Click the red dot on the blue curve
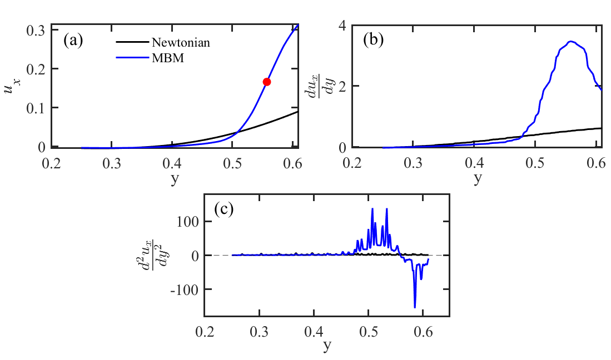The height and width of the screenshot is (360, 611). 266,82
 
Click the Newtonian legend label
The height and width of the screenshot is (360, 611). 181,42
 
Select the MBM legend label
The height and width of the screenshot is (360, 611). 167,58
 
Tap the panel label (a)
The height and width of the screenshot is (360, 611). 73,41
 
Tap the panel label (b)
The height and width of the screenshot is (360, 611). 373,41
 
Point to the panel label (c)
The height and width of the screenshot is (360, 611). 223,209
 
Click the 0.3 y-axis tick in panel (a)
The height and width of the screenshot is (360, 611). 36,31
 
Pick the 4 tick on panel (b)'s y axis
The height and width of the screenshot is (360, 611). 342,26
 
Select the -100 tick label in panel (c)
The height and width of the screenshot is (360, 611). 183,289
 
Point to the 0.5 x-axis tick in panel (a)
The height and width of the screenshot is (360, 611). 232,163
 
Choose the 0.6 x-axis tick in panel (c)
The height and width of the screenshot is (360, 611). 423,333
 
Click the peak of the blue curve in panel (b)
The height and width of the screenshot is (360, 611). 572,41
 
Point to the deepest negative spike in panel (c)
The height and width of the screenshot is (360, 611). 415,307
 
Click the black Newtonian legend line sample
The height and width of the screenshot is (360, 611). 132,42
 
